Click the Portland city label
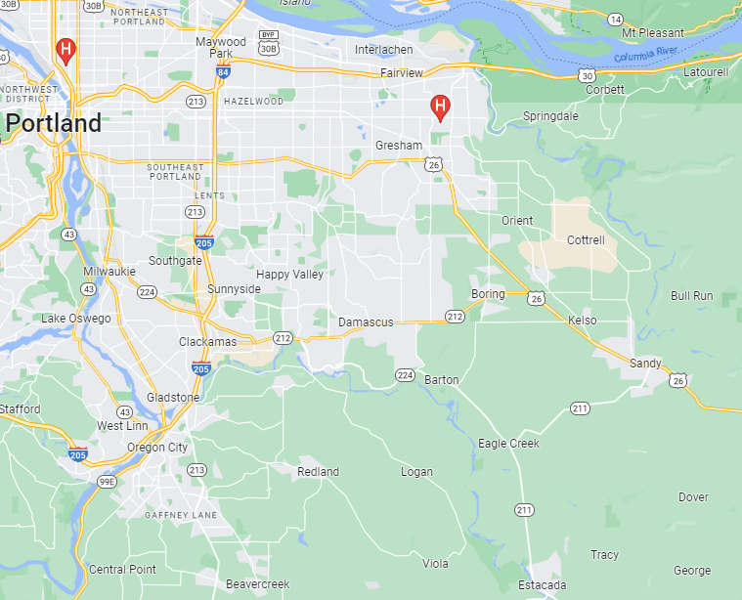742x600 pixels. coord(54,124)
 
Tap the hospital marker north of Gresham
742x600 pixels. coord(441,107)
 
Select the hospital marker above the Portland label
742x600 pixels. coord(65,49)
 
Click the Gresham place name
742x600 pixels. coord(399,146)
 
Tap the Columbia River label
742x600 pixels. coord(646,56)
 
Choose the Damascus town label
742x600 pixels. coord(366,322)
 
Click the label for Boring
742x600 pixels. coord(488,294)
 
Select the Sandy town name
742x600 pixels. coord(644,364)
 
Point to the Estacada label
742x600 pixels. coord(542,585)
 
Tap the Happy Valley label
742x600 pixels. coord(289,275)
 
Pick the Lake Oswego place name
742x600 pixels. coord(75,319)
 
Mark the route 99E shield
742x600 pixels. coord(106,481)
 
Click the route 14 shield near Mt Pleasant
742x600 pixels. coord(615,19)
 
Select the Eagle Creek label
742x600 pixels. coord(508,444)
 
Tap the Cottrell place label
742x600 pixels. coord(586,239)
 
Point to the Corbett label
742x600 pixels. coord(605,90)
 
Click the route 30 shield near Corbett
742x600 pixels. coord(586,74)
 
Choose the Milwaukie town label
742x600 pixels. coord(109,271)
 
